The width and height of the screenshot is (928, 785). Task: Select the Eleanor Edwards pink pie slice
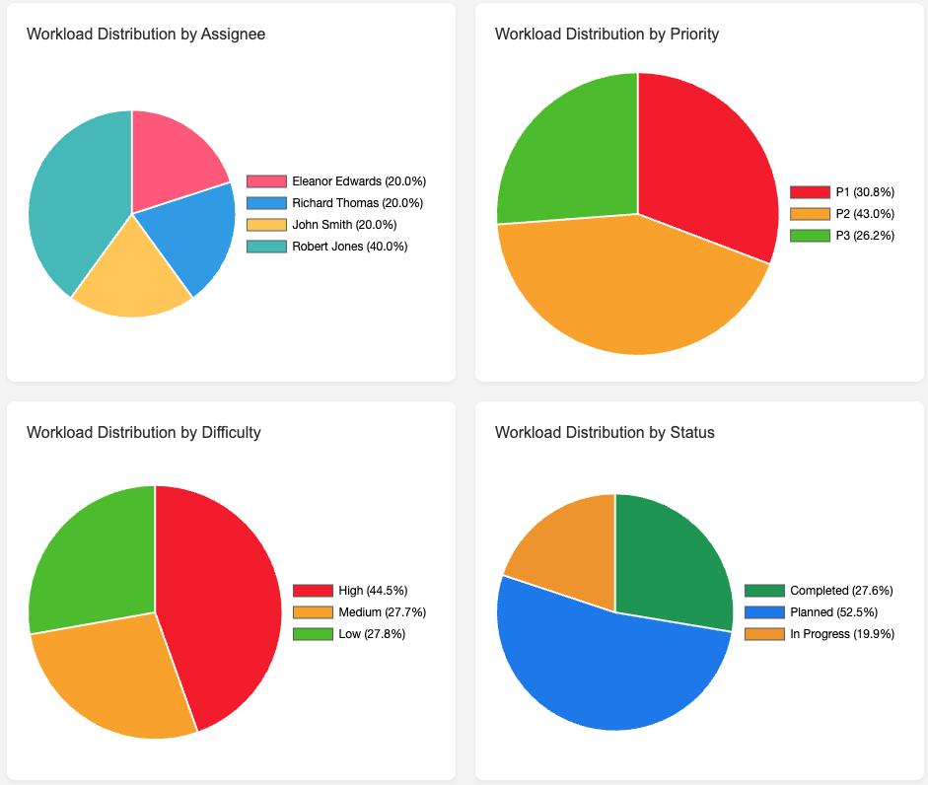pyautogui.click(x=174, y=158)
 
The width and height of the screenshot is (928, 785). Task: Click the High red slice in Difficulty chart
pyautogui.click(x=222, y=602)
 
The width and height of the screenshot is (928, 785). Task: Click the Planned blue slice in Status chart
pyautogui.click(x=602, y=671)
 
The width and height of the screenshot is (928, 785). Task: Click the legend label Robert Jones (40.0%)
pyautogui.click(x=349, y=247)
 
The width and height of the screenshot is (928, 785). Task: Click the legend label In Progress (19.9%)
pyautogui.click(x=842, y=634)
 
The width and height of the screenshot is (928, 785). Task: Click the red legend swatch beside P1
pyautogui.click(x=810, y=192)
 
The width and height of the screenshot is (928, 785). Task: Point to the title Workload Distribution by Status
pyautogui.click(x=605, y=432)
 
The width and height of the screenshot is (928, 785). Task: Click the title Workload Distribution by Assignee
pyautogui.click(x=146, y=34)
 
